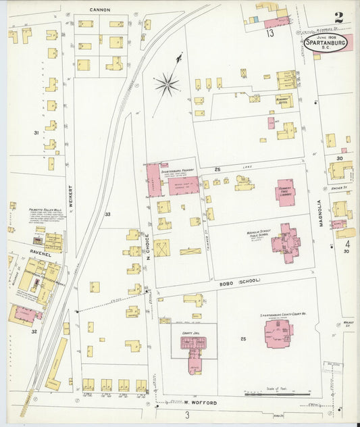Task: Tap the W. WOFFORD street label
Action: [x=199, y=403]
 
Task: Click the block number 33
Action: [x=107, y=215]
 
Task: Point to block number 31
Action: [x=36, y=133]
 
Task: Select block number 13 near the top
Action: [x=269, y=32]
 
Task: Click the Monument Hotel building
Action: [x=286, y=102]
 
